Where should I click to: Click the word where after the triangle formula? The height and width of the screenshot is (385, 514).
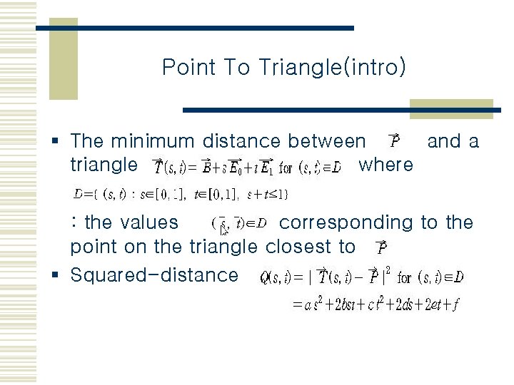click(x=385, y=165)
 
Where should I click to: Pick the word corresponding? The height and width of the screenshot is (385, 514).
click(x=346, y=222)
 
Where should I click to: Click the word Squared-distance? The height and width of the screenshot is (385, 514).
click(x=154, y=274)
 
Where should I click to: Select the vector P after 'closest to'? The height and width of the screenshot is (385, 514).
click(x=382, y=247)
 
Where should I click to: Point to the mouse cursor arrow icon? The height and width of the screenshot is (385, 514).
click(x=224, y=230)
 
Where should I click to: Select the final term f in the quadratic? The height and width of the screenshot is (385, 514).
click(x=455, y=305)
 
